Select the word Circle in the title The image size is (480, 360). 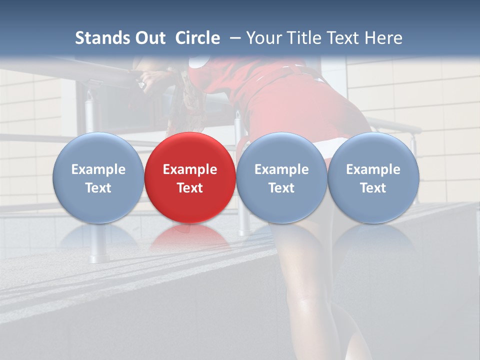pyautogui.click(x=197, y=38)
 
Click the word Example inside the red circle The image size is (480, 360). pyautogui.click(x=190, y=169)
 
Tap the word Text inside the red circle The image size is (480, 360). pyautogui.click(x=190, y=188)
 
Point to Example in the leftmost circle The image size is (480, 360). pyautogui.click(x=98, y=169)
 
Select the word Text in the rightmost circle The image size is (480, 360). pyautogui.click(x=373, y=188)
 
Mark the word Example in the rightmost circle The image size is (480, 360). pyautogui.click(x=373, y=169)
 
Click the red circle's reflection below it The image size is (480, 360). pyautogui.click(x=190, y=238)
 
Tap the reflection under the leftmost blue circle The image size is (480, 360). pyautogui.click(x=98, y=238)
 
